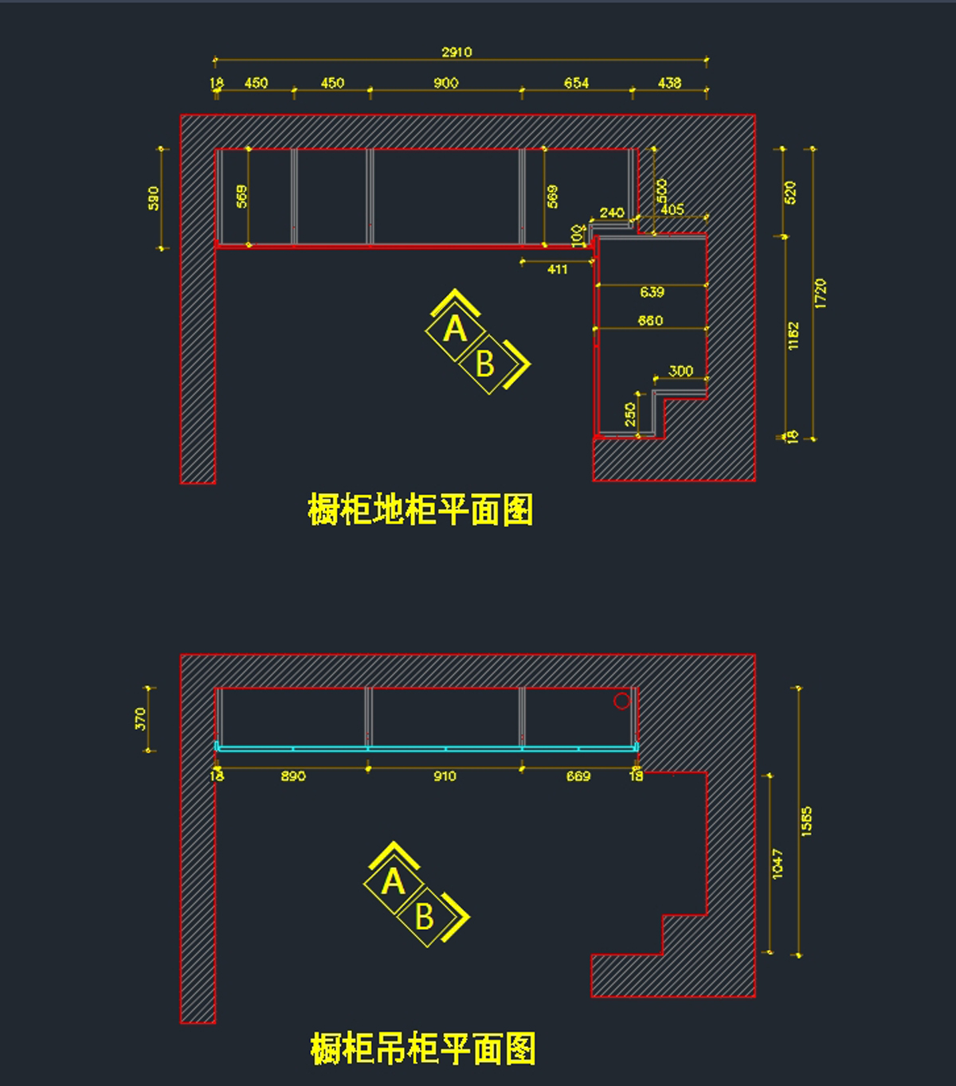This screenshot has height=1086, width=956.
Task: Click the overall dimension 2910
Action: click(456, 53)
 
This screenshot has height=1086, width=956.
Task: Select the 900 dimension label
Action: click(446, 83)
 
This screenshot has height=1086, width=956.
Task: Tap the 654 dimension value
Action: click(576, 83)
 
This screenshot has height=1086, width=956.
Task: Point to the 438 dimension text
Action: click(669, 83)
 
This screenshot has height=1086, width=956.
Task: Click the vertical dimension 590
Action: click(154, 198)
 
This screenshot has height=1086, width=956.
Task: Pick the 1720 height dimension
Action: click(821, 293)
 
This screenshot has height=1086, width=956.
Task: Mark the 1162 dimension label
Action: click(793, 335)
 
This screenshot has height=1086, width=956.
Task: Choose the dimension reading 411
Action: click(558, 270)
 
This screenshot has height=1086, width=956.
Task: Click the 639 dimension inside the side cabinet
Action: click(652, 292)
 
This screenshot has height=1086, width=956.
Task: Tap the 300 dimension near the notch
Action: click(680, 371)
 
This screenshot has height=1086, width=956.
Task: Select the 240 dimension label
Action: click(612, 213)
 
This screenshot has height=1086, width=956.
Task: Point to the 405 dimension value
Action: click(672, 209)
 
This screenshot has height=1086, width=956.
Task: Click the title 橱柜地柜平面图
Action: click(421, 510)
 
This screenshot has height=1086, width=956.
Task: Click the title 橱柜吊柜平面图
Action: click(423, 1049)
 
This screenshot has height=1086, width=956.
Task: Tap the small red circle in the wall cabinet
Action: click(622, 701)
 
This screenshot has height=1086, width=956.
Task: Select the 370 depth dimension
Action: click(141, 719)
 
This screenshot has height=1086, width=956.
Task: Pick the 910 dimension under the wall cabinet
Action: click(445, 776)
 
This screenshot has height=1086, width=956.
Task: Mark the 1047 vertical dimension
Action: click(778, 864)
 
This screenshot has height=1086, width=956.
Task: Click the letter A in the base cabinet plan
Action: click(455, 329)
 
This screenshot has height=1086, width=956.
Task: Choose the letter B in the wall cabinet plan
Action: click(425, 917)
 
